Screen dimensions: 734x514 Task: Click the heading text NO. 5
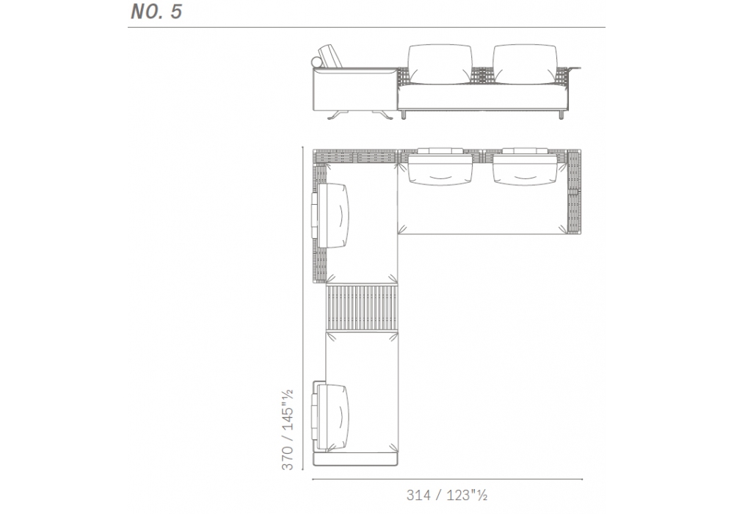point(156,12)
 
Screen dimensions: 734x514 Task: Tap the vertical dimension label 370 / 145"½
point(287,430)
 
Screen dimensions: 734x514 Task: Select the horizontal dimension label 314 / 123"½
point(446,495)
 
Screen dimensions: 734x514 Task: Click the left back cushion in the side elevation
point(440,65)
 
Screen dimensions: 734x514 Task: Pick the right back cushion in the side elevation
point(526,65)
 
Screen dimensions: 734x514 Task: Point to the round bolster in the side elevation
point(316,62)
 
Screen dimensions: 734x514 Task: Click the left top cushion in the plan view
point(440,167)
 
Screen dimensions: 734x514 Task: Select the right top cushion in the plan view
point(525,167)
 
